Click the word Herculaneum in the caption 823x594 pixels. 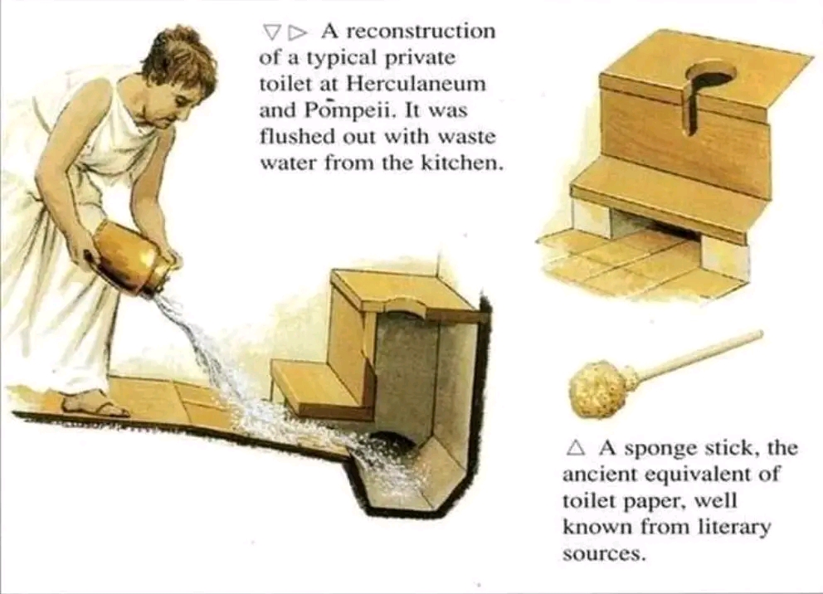(x=416, y=84)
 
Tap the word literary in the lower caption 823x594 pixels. (x=734, y=527)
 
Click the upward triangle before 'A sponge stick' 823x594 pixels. (x=576, y=447)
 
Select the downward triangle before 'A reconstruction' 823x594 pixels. (x=271, y=32)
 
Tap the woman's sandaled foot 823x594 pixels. (x=94, y=405)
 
